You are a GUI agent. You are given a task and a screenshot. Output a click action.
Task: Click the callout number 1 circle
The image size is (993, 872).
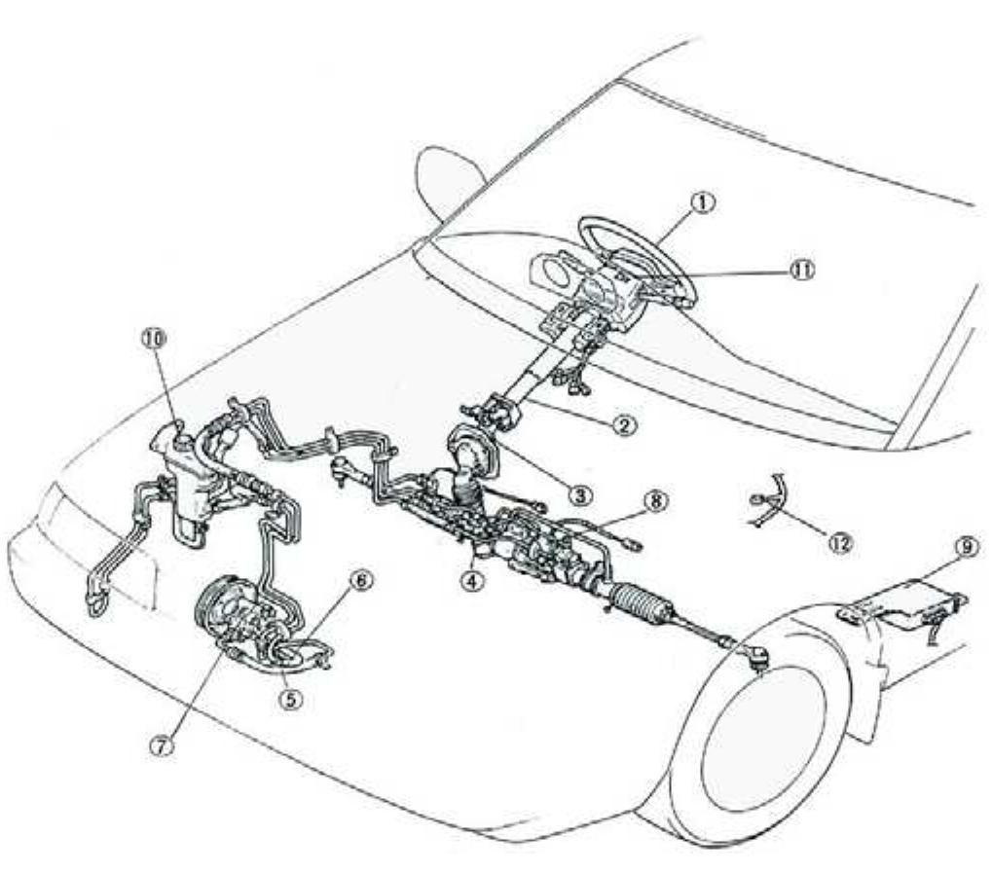pyautogui.click(x=703, y=201)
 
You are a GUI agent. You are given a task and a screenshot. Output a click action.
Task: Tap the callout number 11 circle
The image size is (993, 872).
pyautogui.click(x=800, y=270)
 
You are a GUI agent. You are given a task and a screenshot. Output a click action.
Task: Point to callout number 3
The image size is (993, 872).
pyautogui.click(x=580, y=493)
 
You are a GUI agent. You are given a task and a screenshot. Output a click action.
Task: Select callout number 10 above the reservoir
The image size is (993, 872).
pyautogui.click(x=155, y=338)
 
